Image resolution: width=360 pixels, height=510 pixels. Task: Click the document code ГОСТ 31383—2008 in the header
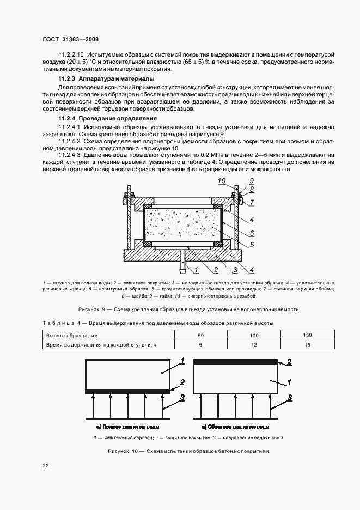[x=70, y=39]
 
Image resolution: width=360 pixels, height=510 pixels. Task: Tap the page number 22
[x=46, y=465]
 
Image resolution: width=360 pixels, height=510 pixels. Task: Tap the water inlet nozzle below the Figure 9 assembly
[x=184, y=267]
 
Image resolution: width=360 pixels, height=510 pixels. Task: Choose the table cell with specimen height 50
[x=201, y=335]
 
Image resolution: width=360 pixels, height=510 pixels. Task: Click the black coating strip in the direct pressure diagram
[x=129, y=391]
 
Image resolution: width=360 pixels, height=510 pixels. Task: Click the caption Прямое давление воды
[x=129, y=426]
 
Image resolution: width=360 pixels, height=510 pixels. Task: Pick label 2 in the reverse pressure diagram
[x=290, y=362]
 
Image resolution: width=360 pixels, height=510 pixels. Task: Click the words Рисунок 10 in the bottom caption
[x=124, y=451]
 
